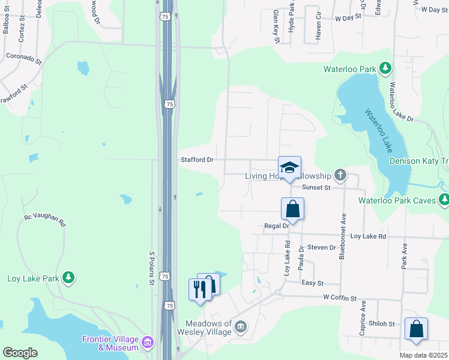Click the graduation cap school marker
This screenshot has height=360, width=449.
point(289,167)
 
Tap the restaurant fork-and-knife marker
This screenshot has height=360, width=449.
point(200,289)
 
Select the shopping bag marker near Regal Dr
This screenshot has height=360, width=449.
point(293,209)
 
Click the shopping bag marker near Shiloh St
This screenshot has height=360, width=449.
point(416,329)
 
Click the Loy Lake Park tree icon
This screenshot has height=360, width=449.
point(69,277)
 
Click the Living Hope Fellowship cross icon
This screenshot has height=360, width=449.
point(340,175)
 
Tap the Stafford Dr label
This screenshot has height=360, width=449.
point(197,160)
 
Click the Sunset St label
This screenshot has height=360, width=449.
point(316,188)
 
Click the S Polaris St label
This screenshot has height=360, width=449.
point(151,267)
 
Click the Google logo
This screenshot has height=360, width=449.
point(20,353)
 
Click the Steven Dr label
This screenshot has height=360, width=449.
point(321,247)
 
